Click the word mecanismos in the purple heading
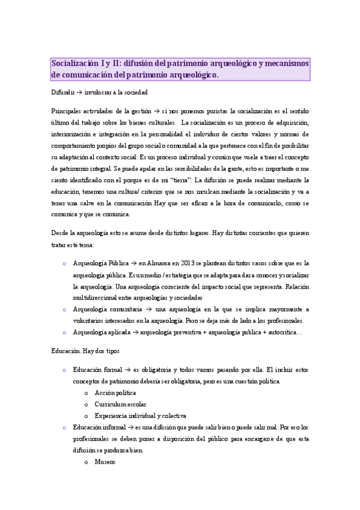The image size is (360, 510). (x=285, y=64)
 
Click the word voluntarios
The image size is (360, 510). (x=91, y=320)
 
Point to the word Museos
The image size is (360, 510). (x=105, y=462)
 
